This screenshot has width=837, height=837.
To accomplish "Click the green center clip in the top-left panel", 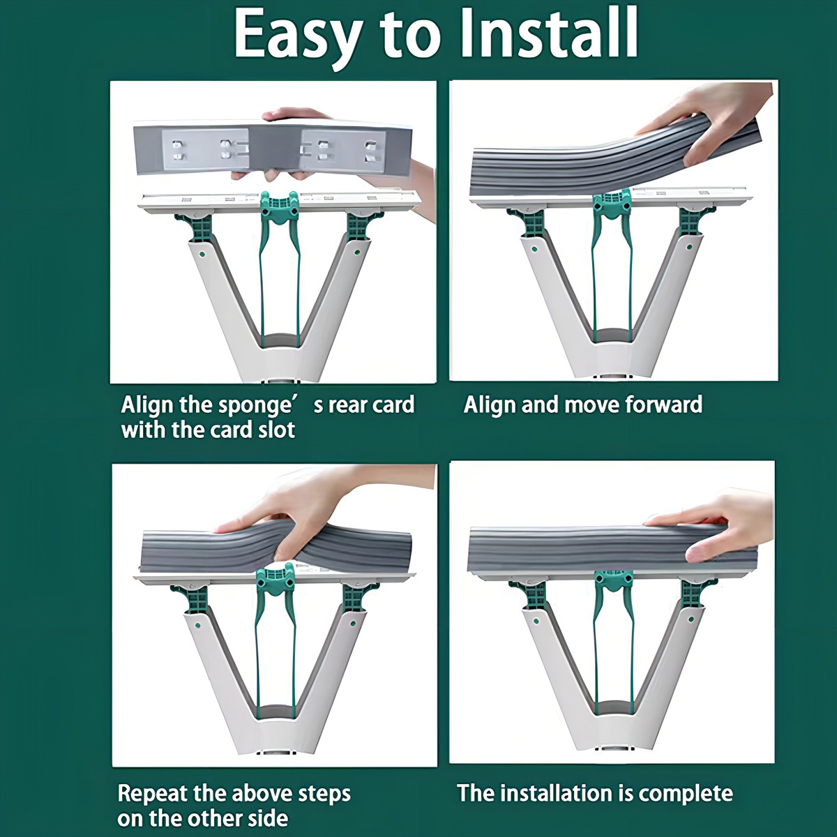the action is click(x=279, y=209).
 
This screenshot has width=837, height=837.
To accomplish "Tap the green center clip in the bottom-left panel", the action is click(x=276, y=581).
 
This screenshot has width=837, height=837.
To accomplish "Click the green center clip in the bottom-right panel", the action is click(x=613, y=581).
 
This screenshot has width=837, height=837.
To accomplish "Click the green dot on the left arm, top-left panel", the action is click(x=202, y=254).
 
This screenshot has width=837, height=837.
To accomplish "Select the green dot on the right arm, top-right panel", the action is click(x=689, y=248).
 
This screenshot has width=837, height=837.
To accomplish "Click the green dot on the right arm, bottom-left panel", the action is click(x=353, y=624).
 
